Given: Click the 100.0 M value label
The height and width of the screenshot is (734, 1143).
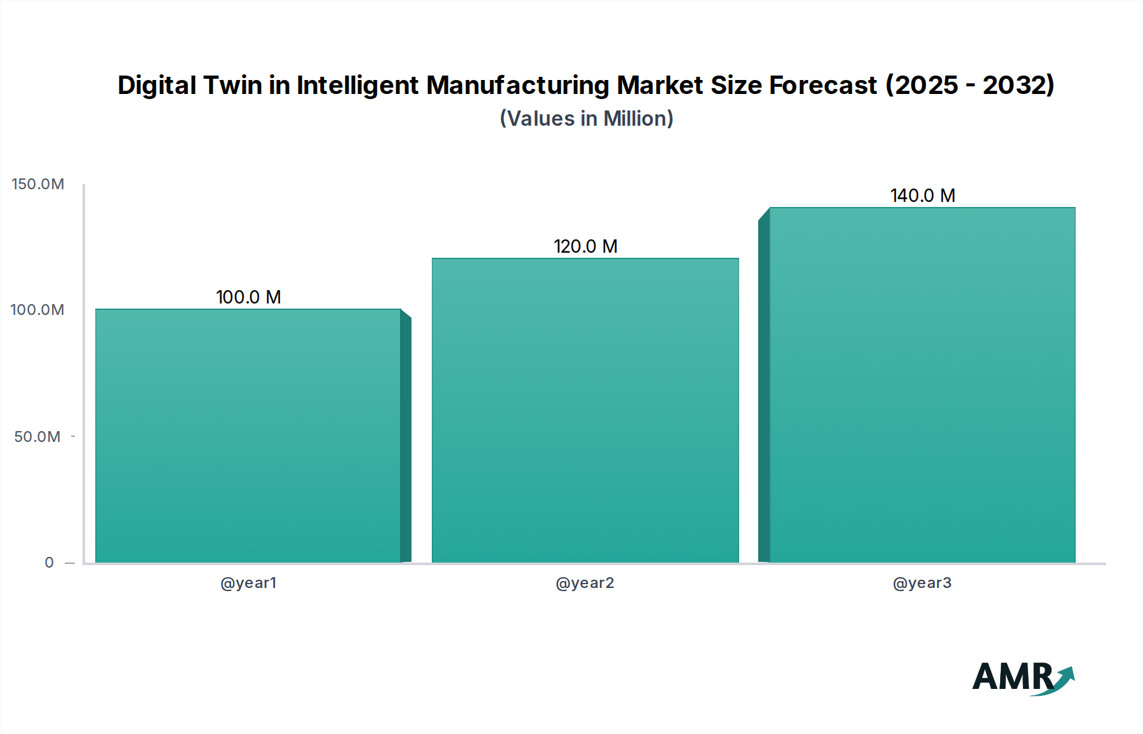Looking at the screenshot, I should [x=248, y=297].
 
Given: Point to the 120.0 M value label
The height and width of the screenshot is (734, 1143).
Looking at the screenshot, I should [x=585, y=246].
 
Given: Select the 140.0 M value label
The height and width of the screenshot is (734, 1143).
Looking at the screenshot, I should [x=923, y=196].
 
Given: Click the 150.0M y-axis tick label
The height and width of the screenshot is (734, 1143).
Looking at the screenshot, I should [x=38, y=184].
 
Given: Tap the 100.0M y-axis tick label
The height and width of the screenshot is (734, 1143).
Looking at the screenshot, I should [x=37, y=310].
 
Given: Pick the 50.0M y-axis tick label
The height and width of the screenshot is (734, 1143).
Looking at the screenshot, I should [x=37, y=437].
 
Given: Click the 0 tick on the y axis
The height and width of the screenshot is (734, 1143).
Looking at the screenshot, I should [x=50, y=563].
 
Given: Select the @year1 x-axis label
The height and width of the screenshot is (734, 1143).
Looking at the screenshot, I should [x=248, y=583].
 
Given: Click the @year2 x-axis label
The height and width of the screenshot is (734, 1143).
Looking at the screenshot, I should [x=585, y=583].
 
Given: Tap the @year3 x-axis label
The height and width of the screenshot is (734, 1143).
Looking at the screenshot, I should [x=922, y=583].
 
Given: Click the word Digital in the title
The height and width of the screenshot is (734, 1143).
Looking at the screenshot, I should [x=156, y=85].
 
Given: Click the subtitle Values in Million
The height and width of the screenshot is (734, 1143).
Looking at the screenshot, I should [x=586, y=119].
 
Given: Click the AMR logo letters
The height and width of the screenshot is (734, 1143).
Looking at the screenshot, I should [x=1012, y=677].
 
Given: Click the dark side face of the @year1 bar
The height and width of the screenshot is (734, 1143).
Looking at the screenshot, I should [x=406, y=438].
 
